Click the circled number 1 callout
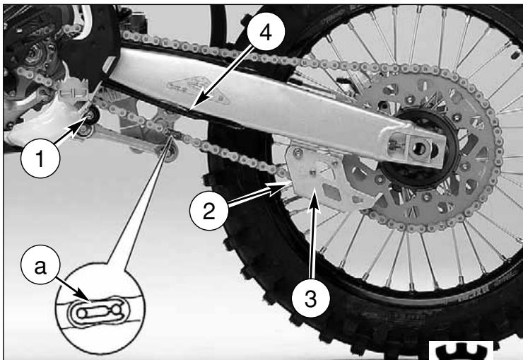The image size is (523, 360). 40,158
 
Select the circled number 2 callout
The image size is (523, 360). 208,211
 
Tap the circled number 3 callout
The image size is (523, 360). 310,298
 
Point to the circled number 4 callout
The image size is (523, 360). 266,33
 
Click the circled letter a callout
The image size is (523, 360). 40,265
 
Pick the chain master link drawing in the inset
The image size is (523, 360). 98,312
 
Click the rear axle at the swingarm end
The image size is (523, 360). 420,148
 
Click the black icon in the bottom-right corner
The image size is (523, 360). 461,351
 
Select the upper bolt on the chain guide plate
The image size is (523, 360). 298,153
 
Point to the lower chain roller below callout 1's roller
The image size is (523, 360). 171,153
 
